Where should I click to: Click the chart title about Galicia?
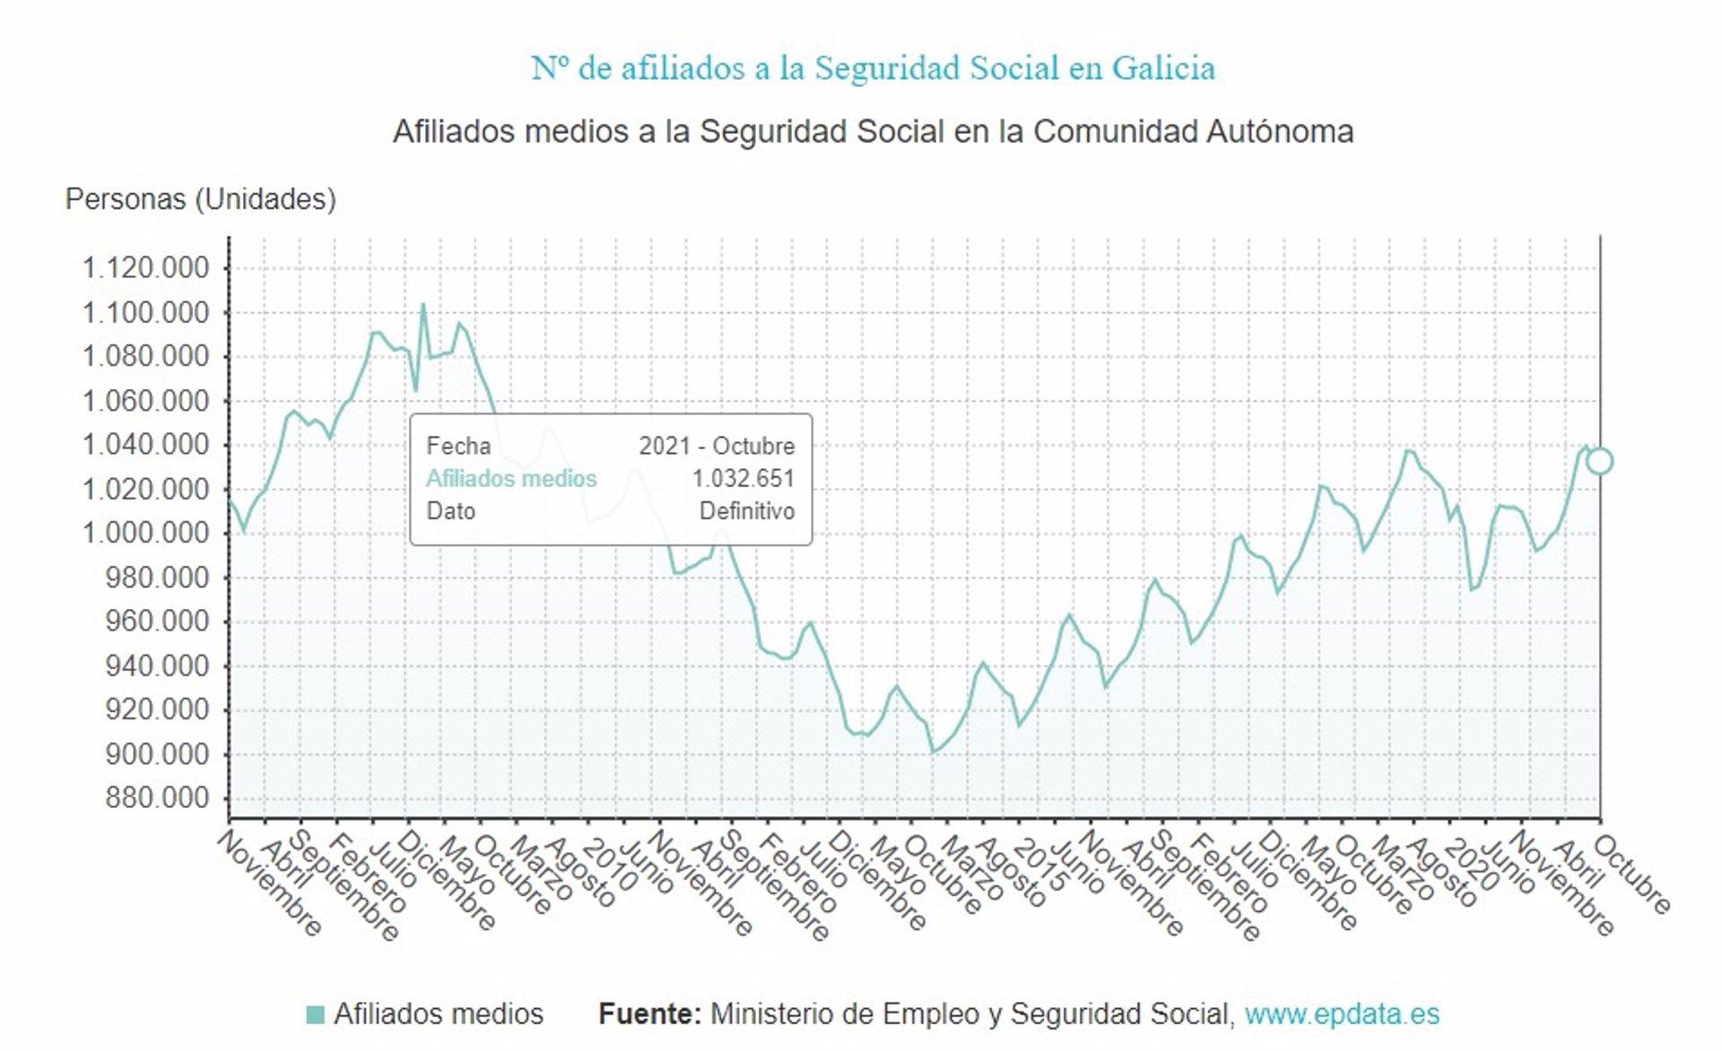tap(873, 68)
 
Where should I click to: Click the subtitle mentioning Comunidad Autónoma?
tap(873, 132)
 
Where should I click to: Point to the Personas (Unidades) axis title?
tap(200, 199)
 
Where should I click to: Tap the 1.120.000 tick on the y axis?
tap(145, 268)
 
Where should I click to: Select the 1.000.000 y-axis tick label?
tap(145, 534)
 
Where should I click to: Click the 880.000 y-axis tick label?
tap(157, 798)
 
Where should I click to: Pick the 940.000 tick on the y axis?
tap(157, 666)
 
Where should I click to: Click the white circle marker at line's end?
tap(1599, 461)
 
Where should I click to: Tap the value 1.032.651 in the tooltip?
tap(743, 479)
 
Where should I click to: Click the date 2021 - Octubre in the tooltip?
tap(717, 446)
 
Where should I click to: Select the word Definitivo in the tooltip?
tap(746, 511)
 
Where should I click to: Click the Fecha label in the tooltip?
tap(458, 446)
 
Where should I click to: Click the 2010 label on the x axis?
tap(609, 865)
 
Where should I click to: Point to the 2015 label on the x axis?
tap(1039, 865)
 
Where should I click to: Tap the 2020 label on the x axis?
tap(1471, 865)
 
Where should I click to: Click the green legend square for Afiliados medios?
tap(315, 1014)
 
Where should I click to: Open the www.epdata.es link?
tap(1342, 1014)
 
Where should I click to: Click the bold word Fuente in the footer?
tap(649, 1014)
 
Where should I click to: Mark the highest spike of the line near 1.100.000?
tap(423, 305)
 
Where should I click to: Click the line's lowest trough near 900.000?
tap(933, 751)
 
